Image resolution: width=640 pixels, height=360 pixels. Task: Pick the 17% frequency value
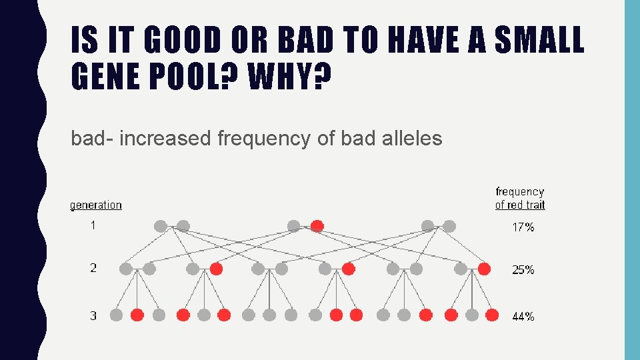523,227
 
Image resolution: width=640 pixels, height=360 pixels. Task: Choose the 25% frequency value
523,270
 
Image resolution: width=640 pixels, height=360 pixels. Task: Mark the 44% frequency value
523,317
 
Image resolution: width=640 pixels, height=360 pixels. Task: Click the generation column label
96,205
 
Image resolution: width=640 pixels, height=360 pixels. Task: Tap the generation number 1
93,225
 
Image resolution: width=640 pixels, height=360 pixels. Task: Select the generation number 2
93,268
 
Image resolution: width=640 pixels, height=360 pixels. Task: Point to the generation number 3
93,315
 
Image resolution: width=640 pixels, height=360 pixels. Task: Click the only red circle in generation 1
317,226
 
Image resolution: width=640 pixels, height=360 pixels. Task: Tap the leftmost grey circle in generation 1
160,226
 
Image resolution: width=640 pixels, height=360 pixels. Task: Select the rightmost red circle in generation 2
484,269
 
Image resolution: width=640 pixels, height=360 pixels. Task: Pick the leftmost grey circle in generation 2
125,269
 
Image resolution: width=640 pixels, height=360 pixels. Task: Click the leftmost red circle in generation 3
137,315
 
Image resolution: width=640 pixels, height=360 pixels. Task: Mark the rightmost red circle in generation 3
492,315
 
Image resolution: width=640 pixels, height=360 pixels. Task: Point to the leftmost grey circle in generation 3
116,315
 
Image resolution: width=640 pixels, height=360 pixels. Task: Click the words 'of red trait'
520,205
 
